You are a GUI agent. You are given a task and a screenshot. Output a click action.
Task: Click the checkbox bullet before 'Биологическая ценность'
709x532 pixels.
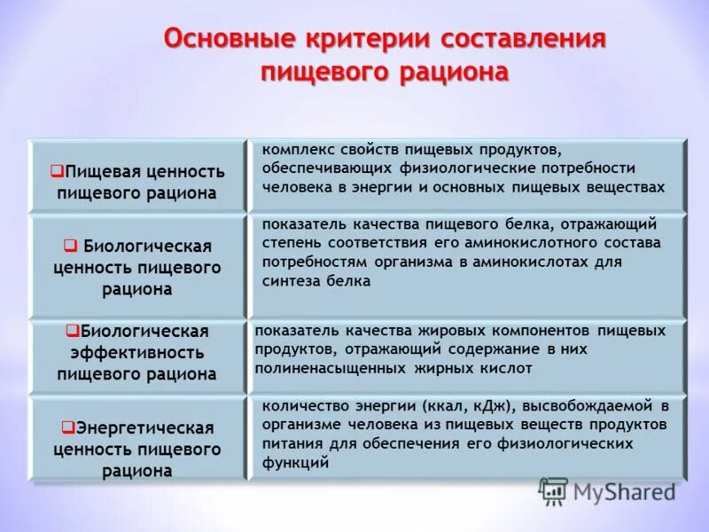click(x=69, y=243)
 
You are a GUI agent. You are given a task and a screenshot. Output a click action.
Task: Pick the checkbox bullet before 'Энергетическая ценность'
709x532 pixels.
click(x=66, y=426)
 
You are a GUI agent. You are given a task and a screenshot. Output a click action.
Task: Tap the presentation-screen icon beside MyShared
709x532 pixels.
click(x=554, y=491)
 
